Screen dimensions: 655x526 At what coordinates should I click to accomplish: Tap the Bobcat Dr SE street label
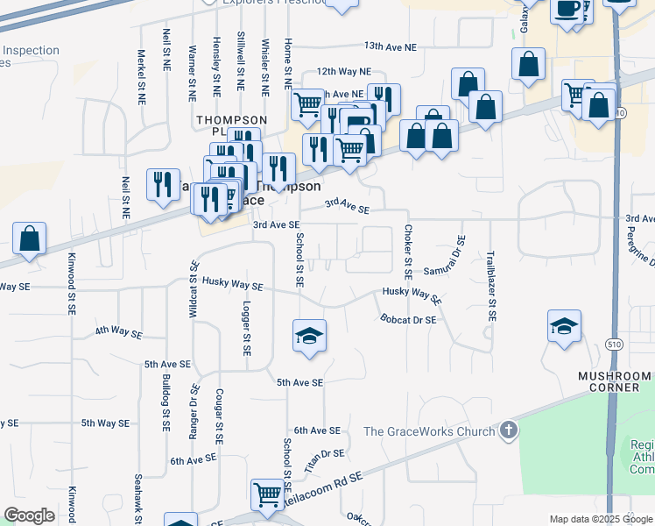[x=408, y=320]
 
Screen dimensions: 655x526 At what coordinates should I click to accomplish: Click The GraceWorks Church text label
[x=429, y=431]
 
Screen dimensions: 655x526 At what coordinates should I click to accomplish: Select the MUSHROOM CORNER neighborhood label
[x=614, y=381]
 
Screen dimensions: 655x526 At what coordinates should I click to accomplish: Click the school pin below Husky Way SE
[x=309, y=336]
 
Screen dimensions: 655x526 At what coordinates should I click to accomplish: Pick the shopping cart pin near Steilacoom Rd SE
[x=267, y=494]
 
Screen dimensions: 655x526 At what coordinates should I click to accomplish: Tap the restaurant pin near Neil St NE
[x=162, y=184]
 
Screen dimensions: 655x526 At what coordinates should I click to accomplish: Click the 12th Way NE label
[x=344, y=71]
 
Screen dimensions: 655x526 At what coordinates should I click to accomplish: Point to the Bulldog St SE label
[x=166, y=404]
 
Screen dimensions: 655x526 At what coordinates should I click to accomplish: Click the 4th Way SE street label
[x=119, y=331]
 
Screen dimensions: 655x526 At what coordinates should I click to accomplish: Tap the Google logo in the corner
[x=29, y=515]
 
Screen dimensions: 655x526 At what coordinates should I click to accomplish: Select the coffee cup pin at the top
[x=567, y=10]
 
